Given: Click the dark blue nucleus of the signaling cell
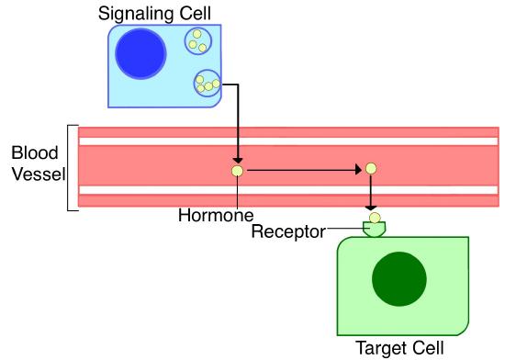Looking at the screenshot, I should [x=140, y=54].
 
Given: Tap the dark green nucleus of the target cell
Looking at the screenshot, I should [x=398, y=281].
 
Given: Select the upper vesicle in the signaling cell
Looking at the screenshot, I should [x=196, y=41].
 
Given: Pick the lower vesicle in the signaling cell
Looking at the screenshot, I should [x=207, y=84].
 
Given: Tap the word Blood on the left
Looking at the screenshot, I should [x=31, y=152].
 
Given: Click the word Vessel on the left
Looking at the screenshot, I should [x=33, y=174].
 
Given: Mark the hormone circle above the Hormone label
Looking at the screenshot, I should [x=238, y=170].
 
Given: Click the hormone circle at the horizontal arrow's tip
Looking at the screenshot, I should [x=371, y=169].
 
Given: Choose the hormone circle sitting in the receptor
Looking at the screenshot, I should [x=375, y=218].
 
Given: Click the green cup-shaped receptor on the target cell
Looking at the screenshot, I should [x=375, y=228].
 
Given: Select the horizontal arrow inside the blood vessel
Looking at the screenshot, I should [x=303, y=170].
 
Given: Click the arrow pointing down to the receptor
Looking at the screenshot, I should [x=371, y=195].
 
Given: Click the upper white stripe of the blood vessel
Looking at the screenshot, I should [x=288, y=141].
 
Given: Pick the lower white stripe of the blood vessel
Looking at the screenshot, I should [x=288, y=190].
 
